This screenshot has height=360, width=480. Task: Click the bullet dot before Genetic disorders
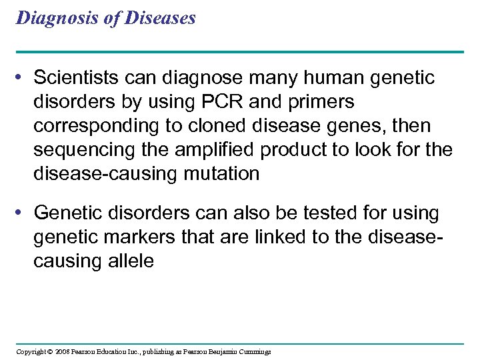click(22, 213)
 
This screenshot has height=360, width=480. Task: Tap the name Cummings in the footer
click(253, 352)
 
